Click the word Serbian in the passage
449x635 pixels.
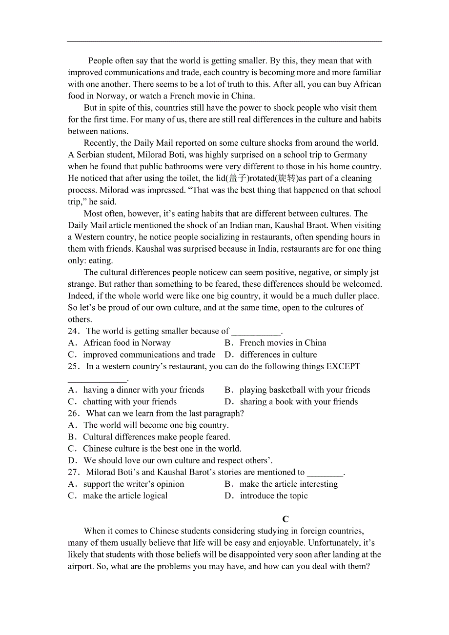point(90,155)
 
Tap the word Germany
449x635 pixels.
point(350,155)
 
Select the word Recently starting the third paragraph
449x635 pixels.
point(101,143)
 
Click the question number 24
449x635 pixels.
point(73,331)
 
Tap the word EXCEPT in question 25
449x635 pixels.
point(343,366)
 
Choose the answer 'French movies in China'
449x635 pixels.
point(283,343)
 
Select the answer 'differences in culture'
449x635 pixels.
point(278,355)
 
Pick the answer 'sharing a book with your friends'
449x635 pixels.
point(299,402)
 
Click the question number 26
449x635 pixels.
point(73,414)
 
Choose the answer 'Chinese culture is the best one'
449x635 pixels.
point(162,449)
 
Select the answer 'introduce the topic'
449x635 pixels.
point(274,496)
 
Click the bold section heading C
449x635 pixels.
point(286,519)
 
